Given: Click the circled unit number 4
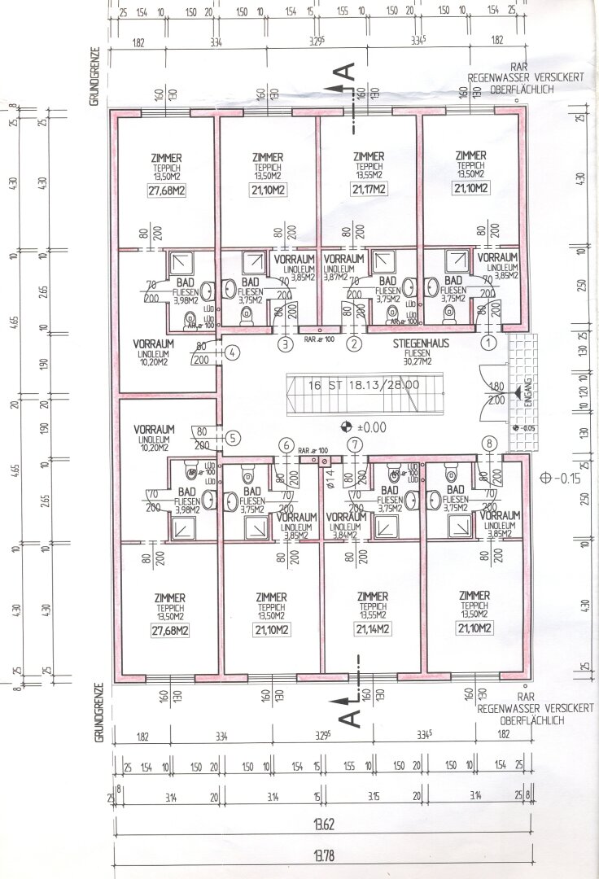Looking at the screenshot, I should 232,353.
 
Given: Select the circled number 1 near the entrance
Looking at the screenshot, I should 489,343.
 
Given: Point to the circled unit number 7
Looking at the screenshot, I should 354,445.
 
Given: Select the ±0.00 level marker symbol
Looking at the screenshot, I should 345,426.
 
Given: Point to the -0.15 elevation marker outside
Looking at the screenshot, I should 557,479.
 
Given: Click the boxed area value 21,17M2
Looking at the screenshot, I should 369,190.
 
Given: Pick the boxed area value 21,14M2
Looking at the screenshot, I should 371,629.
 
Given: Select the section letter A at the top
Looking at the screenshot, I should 348,72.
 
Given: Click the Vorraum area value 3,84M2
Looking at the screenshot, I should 342,536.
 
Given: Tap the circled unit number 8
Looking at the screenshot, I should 489,444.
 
